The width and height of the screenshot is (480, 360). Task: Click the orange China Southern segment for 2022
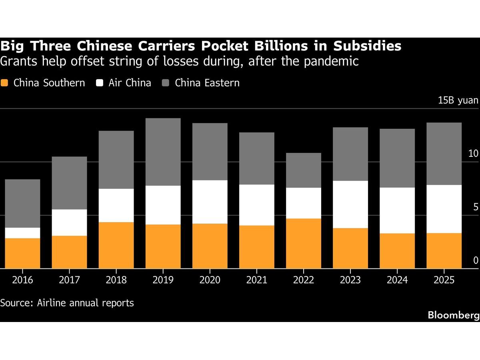(x=304, y=243)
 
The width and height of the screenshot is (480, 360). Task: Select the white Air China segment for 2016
(x=22, y=233)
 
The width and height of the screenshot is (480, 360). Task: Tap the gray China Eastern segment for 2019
(x=163, y=152)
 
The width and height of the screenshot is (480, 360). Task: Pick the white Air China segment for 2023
(x=350, y=204)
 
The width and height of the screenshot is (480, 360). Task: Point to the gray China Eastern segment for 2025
(x=444, y=154)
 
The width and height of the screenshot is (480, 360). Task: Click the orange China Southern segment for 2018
(x=116, y=245)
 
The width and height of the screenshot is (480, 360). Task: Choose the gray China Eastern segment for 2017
(x=70, y=183)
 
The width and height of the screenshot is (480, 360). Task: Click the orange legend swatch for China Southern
(x=4, y=83)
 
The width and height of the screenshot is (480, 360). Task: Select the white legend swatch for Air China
(x=100, y=83)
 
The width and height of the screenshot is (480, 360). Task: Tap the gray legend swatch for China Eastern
(x=166, y=83)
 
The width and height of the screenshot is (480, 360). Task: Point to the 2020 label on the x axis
(x=210, y=280)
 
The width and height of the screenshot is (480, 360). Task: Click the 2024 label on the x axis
(x=397, y=280)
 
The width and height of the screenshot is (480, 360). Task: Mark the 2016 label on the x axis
(x=22, y=280)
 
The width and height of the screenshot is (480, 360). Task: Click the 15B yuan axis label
(x=458, y=100)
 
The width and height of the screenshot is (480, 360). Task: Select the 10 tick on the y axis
(x=473, y=154)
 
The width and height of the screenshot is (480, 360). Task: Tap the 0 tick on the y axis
(x=476, y=260)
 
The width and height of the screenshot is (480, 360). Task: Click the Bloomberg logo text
(x=454, y=315)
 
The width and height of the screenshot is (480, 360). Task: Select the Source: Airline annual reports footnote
(x=67, y=303)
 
